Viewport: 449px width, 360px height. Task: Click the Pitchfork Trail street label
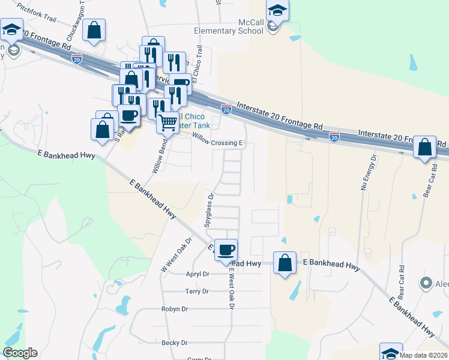pyautogui.click(x=37, y=13)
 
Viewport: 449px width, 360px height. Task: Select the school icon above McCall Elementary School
pyautogui.click(x=277, y=11)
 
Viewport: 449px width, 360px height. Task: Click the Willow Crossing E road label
pyautogui.click(x=217, y=143)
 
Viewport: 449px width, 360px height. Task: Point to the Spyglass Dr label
pyautogui.click(x=209, y=208)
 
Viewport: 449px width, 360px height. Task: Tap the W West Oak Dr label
pyautogui.click(x=175, y=254)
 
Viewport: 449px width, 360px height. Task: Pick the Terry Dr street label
pyautogui.click(x=197, y=292)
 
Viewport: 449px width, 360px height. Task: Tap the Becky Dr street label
pyautogui.click(x=175, y=343)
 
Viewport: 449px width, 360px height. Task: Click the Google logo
pyautogui.click(x=20, y=353)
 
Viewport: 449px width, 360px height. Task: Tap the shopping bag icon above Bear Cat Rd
pyautogui.click(x=425, y=147)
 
